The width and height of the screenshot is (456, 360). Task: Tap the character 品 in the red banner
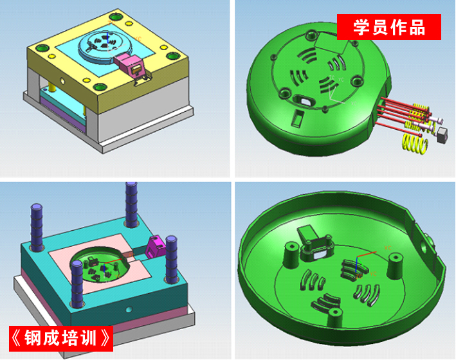coord(417,27)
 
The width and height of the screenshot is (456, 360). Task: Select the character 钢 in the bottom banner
coord(33,338)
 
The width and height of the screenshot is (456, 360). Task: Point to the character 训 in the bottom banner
coord(87,338)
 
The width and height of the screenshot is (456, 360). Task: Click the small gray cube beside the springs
coord(442,135)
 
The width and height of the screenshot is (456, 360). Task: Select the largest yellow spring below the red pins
coord(414,143)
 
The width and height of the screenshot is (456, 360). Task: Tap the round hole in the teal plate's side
coord(129,309)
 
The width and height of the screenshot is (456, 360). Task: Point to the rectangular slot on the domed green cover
coord(297,118)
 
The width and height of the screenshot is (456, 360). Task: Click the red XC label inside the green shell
coord(388,248)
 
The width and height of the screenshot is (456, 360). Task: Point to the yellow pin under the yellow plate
coord(51,87)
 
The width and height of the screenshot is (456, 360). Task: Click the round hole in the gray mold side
coord(62,80)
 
